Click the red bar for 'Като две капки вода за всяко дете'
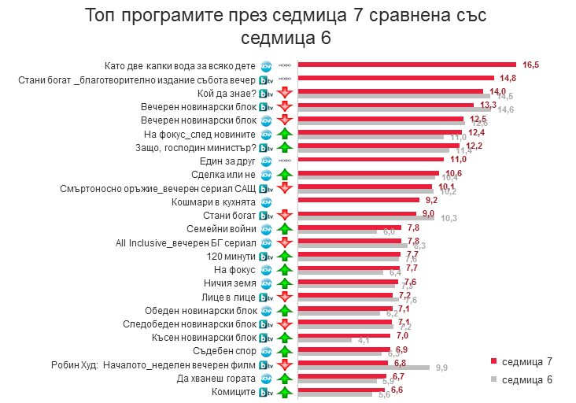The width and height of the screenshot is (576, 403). click(405, 65)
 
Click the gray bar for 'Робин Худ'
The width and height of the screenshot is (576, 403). click(363, 368)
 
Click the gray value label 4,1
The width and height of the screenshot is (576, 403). click(364, 340)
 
